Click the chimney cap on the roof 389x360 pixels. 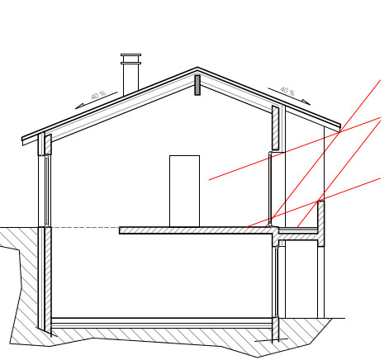(130, 59)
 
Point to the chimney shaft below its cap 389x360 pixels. (130, 78)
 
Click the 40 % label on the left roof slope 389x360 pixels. (98, 95)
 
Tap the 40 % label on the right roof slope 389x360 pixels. (287, 91)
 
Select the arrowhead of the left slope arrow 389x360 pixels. (79, 107)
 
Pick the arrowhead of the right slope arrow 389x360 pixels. (306, 102)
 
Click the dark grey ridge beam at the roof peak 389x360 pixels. (197, 85)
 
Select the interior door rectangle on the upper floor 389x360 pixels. (184, 191)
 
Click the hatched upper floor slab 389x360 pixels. (199, 230)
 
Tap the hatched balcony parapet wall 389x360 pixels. (320, 224)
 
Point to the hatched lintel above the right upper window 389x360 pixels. (275, 128)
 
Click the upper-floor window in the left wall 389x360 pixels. (46, 191)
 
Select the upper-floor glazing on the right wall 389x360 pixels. (270, 188)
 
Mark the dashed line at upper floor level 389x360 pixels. (85, 228)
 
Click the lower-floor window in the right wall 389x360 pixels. (277, 282)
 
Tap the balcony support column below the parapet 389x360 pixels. (320, 282)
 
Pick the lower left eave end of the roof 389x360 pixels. (22, 141)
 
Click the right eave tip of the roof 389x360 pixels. (340, 128)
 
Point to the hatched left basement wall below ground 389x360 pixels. (48, 279)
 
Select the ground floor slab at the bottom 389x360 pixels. (162, 323)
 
